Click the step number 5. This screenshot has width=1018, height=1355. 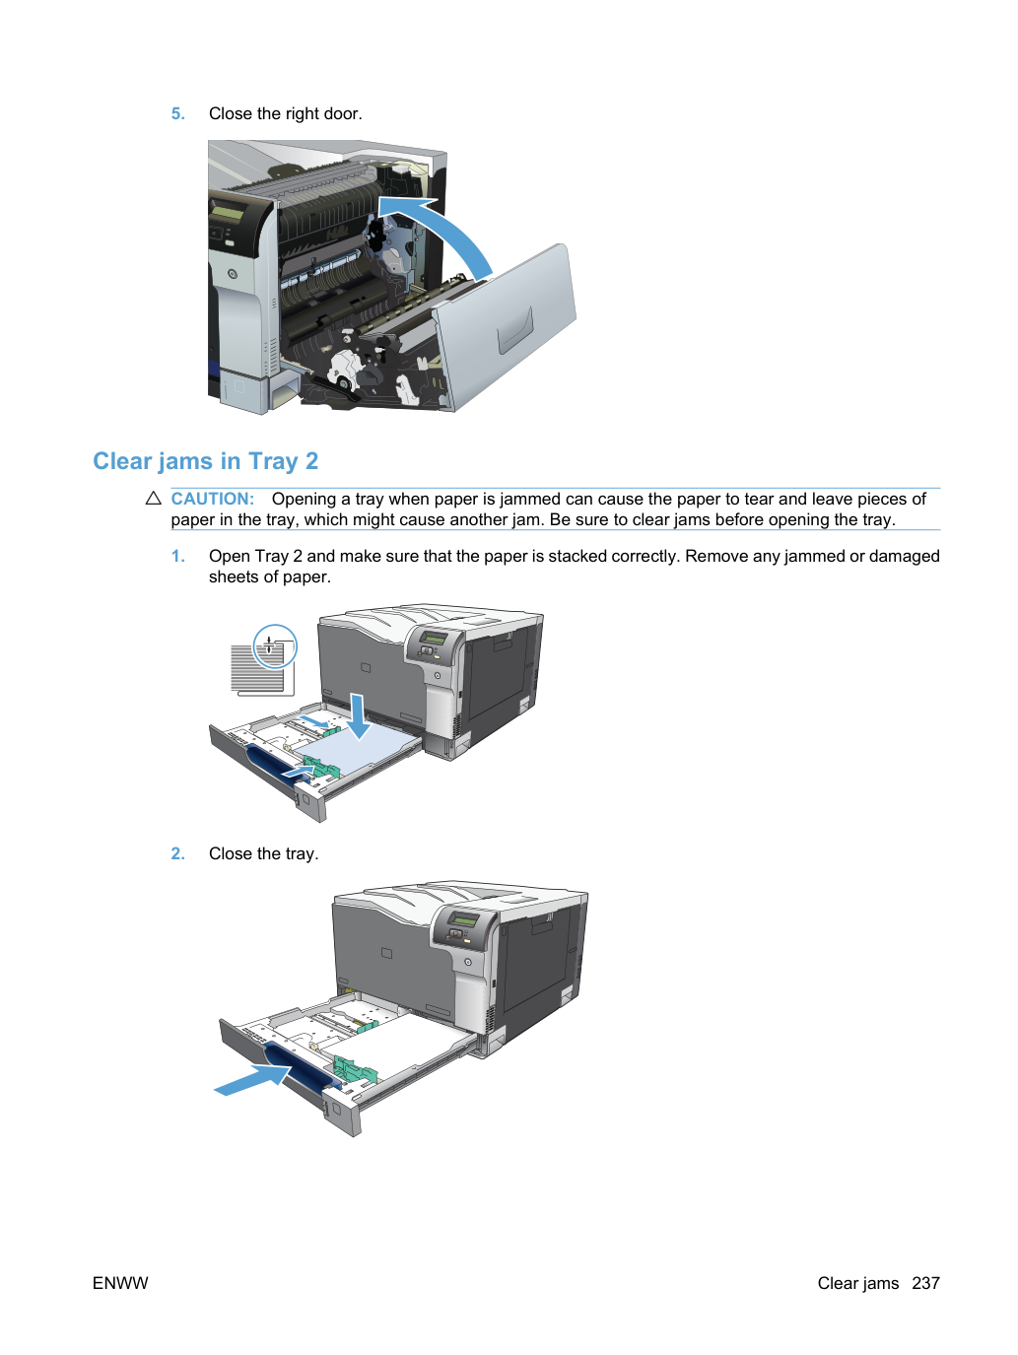click(x=177, y=114)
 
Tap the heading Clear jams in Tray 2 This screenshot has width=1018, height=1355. click(x=206, y=461)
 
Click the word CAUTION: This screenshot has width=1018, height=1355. click(x=212, y=499)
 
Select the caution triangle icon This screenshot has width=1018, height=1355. click(x=153, y=499)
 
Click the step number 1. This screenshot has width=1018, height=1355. click(x=177, y=556)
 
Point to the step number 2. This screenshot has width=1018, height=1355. click(x=177, y=853)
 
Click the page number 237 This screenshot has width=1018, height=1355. click(x=926, y=1283)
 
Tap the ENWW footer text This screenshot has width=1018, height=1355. click(x=120, y=1283)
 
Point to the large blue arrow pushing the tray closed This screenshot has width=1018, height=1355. click(x=253, y=1080)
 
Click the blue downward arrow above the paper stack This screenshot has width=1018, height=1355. click(x=358, y=716)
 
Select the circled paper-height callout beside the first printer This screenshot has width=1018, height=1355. click(x=275, y=646)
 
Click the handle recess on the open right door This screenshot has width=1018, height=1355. click(x=515, y=331)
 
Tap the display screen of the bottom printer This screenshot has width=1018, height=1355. click(x=463, y=920)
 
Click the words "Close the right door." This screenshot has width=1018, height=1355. click(x=285, y=114)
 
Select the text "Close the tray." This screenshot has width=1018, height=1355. click(x=263, y=853)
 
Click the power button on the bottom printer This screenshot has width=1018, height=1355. click(x=468, y=962)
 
